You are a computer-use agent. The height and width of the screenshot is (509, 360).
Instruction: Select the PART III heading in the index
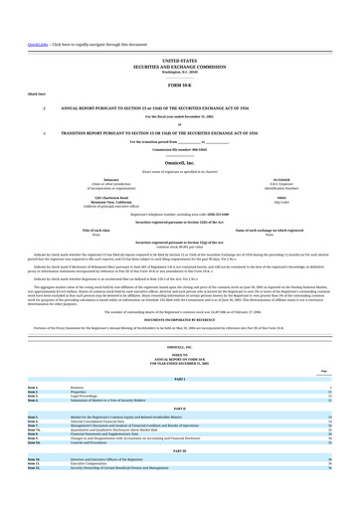tap(180, 423)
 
